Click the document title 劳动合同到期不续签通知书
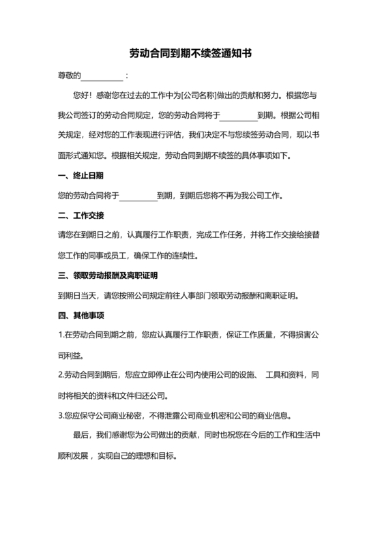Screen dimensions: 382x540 pos(191,52)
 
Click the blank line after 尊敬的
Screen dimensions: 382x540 pos(103,75)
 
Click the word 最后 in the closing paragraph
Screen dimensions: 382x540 pos(80,436)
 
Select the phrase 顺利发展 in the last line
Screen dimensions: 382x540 pos(71,455)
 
